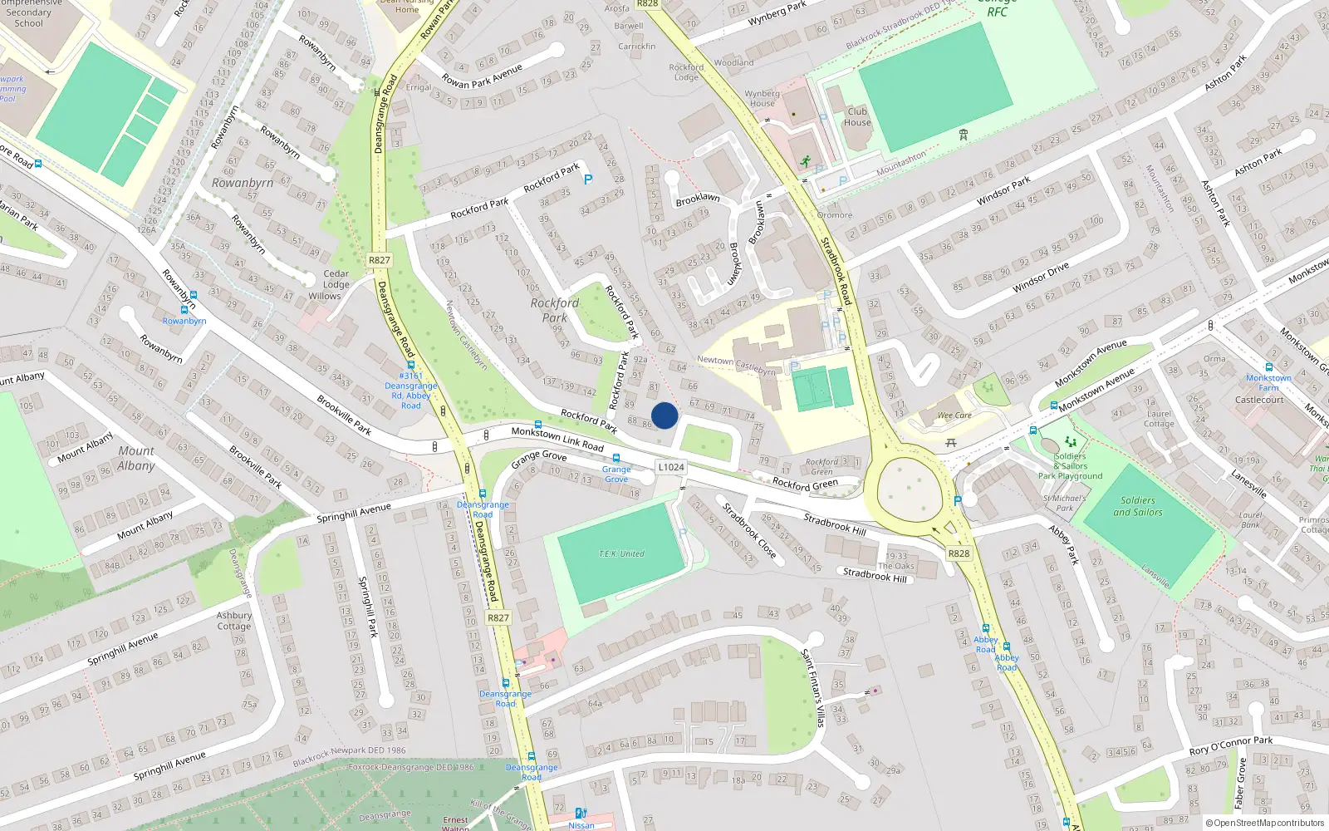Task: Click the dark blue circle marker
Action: point(664,415)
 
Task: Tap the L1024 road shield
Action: point(671,467)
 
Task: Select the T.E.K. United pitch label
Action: point(621,553)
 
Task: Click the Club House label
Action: point(857,117)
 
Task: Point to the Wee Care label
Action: point(954,415)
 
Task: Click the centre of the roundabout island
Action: point(910,487)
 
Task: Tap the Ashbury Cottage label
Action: point(234,621)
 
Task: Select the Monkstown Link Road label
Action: point(557,439)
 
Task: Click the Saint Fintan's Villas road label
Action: point(812,688)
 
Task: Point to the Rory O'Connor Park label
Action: point(1230,745)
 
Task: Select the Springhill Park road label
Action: point(368,607)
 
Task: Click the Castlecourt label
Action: point(1259,400)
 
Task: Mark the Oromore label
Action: point(835,215)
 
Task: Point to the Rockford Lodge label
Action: point(686,72)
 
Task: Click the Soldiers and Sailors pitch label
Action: point(1138,506)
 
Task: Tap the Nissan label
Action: point(581,825)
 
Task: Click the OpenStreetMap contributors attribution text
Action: point(1266,824)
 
